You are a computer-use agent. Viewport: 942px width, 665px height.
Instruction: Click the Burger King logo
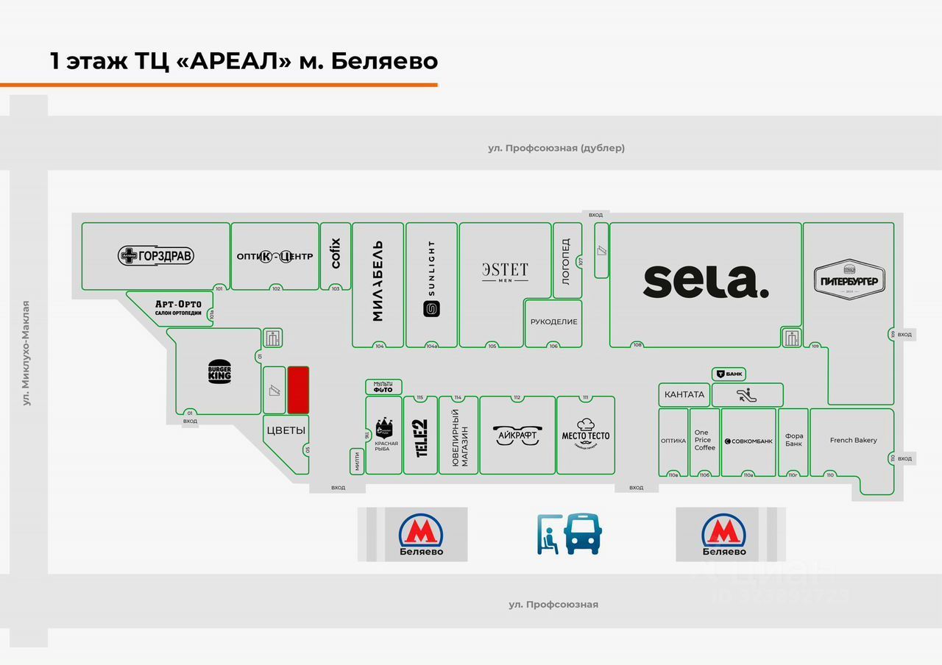pos(219,372)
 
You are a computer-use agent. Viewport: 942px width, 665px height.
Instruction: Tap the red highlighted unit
pos(298,390)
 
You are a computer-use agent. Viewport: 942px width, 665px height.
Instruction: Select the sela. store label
pos(706,282)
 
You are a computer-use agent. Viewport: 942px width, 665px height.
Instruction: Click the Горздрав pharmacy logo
pos(156,256)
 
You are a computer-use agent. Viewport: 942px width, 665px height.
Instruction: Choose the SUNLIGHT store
pos(431,280)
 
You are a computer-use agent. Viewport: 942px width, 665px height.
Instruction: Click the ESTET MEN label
pos(505,271)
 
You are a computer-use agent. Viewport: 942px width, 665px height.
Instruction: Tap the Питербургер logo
pos(849,280)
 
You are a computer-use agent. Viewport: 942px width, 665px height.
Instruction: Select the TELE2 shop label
pos(421,438)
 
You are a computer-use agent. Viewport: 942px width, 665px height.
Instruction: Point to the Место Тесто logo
pos(586,434)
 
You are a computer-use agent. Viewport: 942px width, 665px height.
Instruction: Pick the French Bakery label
pos(853,441)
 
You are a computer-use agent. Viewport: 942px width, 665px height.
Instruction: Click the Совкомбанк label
pos(748,441)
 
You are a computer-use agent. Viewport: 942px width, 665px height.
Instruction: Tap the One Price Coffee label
pos(704,440)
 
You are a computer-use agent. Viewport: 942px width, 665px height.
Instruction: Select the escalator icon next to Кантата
pos(747,394)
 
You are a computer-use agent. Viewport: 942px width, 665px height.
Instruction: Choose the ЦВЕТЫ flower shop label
pos(286,431)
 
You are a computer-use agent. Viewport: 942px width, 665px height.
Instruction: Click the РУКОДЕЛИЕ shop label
pos(553,321)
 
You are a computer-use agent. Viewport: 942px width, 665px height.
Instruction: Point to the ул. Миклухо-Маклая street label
pos(26,353)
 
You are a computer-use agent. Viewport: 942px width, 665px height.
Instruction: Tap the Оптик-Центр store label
pos(275,256)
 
